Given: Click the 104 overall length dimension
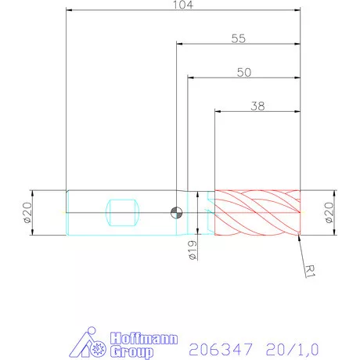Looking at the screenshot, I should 184,5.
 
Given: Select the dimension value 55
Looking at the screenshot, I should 239,38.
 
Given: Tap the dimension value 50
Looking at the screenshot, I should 243,71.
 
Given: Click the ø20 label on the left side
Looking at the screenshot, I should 26,212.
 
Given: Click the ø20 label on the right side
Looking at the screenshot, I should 329,212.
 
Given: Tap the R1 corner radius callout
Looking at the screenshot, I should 311,271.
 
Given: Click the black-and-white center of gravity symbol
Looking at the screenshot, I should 177,211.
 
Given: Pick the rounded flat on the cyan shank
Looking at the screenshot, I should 123,210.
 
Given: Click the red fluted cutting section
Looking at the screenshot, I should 257,211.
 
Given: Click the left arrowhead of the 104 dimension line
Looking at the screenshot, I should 69,12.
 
